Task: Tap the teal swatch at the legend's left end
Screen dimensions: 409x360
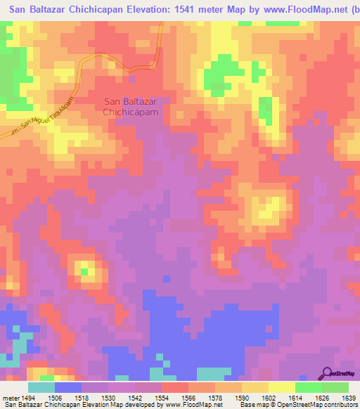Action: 41,387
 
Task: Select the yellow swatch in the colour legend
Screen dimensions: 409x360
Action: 281,387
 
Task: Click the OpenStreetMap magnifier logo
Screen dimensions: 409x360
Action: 327,374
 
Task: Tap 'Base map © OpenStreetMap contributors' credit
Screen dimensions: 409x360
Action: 297,405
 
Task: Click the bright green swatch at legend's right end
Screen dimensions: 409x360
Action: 335,387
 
